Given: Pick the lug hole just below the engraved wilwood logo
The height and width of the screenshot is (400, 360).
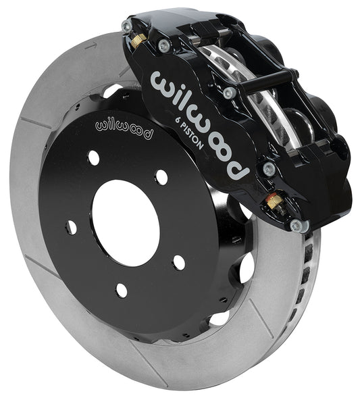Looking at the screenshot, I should [x=93, y=158].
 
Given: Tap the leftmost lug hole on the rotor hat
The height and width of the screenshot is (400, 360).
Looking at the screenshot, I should [x=70, y=227].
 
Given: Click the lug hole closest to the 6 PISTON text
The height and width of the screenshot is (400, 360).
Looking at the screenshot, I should [x=161, y=177].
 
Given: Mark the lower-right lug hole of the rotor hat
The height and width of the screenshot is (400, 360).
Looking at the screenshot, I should [x=178, y=262].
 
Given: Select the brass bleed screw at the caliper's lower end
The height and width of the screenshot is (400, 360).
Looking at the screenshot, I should [x=273, y=201].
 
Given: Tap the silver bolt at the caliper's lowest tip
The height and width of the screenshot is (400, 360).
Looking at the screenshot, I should [x=296, y=225].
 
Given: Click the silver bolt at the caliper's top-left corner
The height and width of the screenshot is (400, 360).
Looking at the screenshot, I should [x=126, y=26].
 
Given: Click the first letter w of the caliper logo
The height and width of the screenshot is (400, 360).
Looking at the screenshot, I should [x=163, y=82].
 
